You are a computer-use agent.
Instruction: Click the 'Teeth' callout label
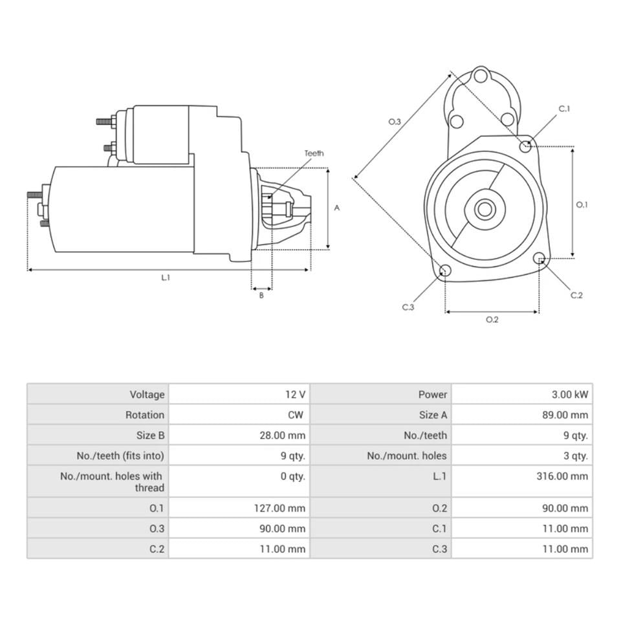click(x=314, y=153)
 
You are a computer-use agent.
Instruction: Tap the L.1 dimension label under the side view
click(x=166, y=278)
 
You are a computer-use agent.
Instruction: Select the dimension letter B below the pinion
click(x=261, y=296)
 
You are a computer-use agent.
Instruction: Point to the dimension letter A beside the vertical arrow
click(x=336, y=208)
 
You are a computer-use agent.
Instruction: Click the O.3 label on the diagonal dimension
click(x=395, y=122)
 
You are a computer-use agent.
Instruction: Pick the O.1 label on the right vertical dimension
click(x=582, y=204)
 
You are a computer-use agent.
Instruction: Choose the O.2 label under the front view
click(x=492, y=320)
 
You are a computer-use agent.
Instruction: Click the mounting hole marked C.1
click(x=526, y=146)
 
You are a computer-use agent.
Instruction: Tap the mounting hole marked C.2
click(x=539, y=259)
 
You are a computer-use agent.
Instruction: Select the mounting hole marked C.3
click(x=445, y=270)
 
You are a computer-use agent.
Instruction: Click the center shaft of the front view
click(x=484, y=209)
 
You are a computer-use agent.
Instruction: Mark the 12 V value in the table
click(x=295, y=395)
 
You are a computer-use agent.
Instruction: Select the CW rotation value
click(x=297, y=415)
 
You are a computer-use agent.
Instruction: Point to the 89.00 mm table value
click(x=565, y=415)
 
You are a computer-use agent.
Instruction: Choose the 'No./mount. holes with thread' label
click(x=113, y=482)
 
